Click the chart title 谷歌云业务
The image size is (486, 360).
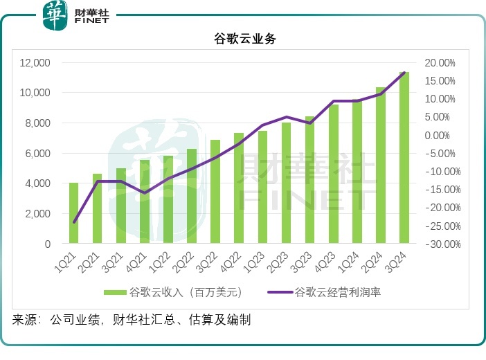coord(244,39)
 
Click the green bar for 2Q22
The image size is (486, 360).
coord(192,197)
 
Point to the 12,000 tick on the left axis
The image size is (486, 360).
coord(35,63)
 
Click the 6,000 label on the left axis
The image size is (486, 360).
coord(38,154)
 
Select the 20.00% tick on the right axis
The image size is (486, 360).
coord(440,63)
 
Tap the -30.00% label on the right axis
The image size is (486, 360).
coord(438,244)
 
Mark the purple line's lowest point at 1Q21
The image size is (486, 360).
coord(74,222)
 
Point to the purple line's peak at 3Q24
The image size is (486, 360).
coord(404,73)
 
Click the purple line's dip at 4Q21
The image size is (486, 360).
coord(145,192)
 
